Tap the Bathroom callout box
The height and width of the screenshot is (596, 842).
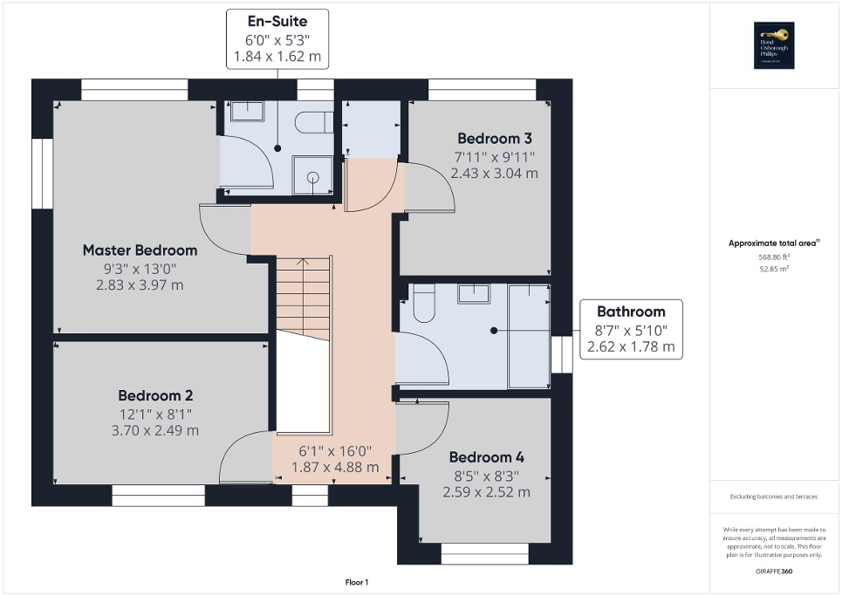(631, 329)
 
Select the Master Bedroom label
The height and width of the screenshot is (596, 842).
(140, 250)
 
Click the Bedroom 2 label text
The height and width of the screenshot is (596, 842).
(155, 394)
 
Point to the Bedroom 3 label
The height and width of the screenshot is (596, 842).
(494, 139)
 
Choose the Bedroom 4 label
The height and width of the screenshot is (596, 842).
(486, 457)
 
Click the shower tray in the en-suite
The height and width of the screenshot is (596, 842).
(313, 177)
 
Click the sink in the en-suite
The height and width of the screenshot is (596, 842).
(247, 111)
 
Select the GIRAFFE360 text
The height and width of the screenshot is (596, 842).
(775, 569)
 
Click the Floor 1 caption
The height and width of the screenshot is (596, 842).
(357, 582)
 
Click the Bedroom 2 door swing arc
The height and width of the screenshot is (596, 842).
(243, 456)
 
